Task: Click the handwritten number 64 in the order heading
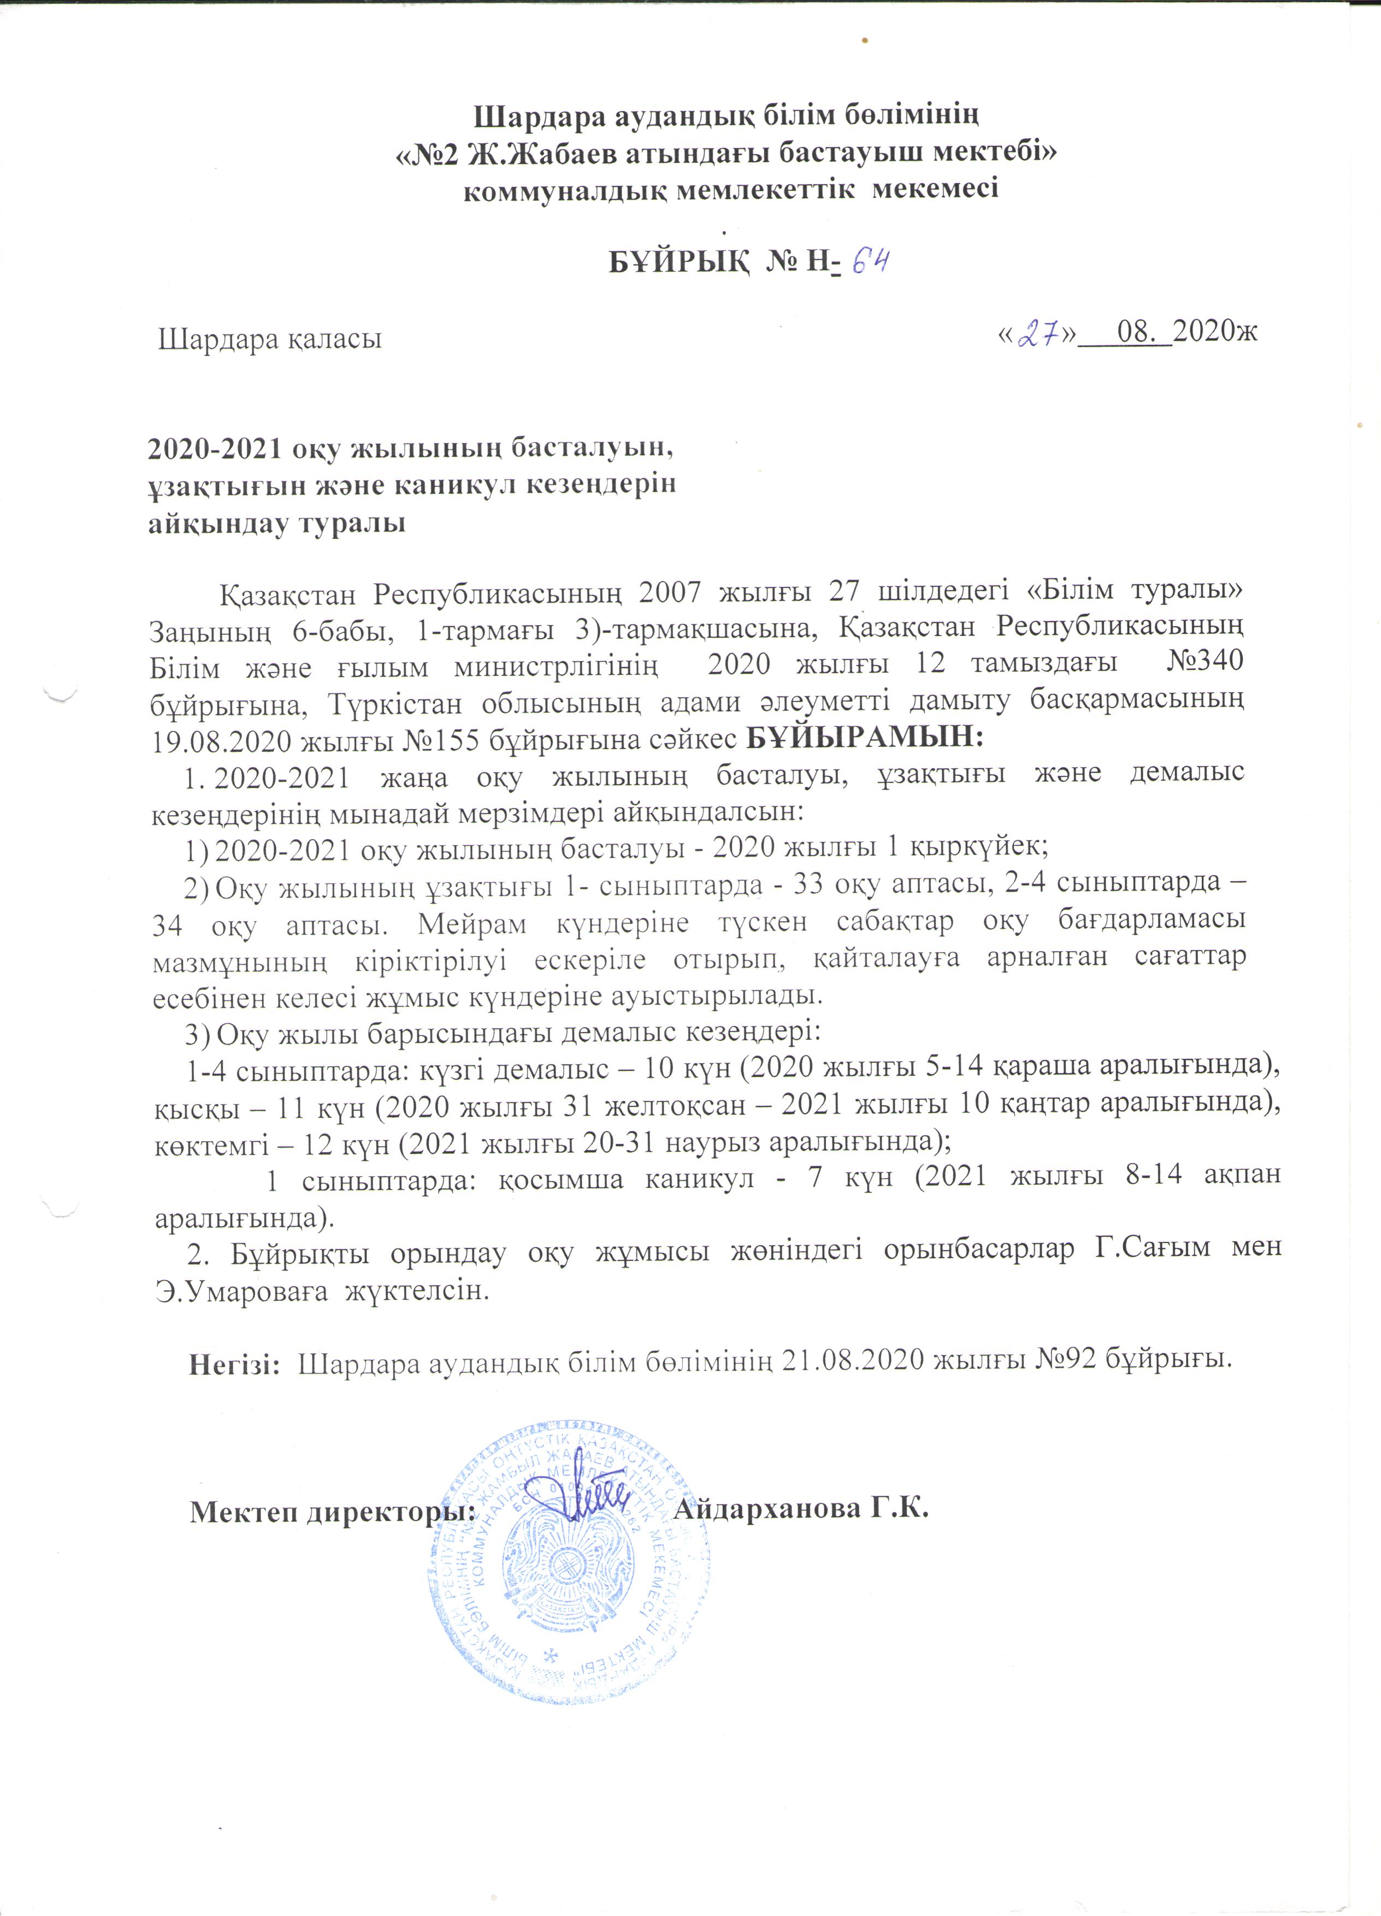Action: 870,261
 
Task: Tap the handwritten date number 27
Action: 1038,335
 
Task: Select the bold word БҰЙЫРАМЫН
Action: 866,738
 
